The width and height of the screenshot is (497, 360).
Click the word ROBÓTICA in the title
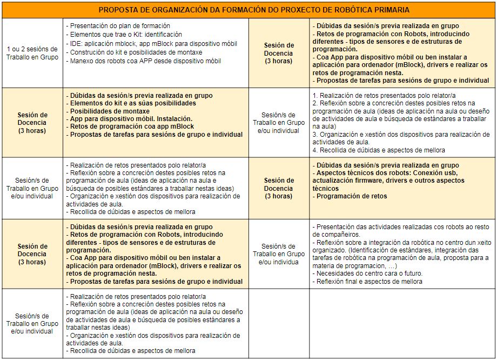pos(348,10)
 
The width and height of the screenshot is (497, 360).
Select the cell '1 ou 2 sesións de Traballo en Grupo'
pos(32,53)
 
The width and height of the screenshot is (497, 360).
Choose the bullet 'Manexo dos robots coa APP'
pos(144,61)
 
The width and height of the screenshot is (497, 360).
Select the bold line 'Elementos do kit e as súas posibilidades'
pos(132,103)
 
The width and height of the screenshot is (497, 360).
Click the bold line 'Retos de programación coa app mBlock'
pos(131,126)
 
